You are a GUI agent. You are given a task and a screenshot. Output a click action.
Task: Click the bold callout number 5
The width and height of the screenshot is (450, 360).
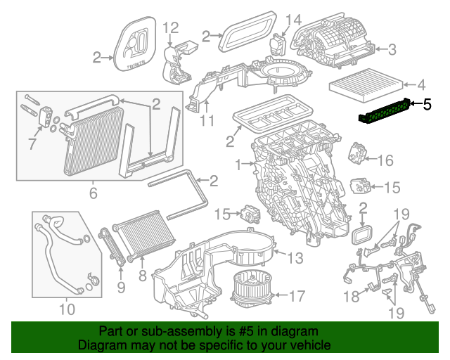(x=427, y=105)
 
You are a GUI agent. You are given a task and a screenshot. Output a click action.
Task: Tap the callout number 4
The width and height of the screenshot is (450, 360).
(x=421, y=86)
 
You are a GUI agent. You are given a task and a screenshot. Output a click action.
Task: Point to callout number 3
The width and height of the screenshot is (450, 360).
(x=392, y=49)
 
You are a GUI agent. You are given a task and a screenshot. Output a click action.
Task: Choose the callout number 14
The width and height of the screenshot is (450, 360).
(x=294, y=19)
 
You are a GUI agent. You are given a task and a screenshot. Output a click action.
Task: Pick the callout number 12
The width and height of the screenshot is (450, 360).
(x=171, y=28)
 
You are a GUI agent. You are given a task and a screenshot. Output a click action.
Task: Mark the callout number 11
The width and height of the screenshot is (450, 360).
(x=205, y=122)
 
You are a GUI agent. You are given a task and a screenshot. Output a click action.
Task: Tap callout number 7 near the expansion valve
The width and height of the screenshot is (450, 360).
(x=31, y=144)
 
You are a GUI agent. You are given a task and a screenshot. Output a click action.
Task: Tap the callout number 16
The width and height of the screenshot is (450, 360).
(x=386, y=161)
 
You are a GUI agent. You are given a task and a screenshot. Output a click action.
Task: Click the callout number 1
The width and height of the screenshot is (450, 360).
(x=238, y=166)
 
